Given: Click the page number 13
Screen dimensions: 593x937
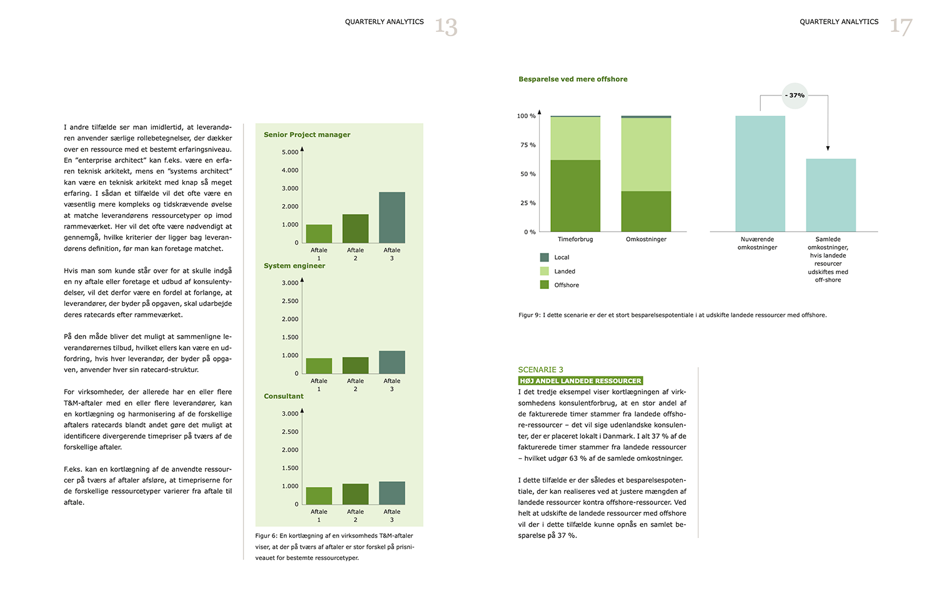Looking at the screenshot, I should click(446, 27).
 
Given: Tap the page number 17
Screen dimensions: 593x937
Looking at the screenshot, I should click(901, 27).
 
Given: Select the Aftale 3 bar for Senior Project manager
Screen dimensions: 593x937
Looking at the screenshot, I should click(392, 218).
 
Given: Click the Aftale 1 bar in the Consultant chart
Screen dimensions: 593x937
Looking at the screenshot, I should click(319, 496).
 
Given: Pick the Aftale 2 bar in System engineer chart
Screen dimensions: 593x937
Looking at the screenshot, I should click(355, 366).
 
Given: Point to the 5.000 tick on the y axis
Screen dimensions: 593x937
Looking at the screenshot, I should click(290, 152).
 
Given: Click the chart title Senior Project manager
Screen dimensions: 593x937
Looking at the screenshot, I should click(307, 135).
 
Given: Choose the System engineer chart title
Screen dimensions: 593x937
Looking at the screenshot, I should click(294, 266).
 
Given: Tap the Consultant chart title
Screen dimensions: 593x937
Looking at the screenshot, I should click(284, 396).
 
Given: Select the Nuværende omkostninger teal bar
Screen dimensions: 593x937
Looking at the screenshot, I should click(760, 174).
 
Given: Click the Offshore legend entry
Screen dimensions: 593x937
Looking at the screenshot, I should click(560, 285).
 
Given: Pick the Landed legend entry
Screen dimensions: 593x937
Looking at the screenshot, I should click(558, 272).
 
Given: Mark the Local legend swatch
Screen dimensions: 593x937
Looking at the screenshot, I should click(544, 257).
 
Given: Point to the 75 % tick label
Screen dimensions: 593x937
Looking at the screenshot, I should click(528, 145).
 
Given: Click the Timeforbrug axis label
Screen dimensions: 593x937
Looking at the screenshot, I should click(575, 240).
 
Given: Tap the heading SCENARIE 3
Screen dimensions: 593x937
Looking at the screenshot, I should click(540, 370).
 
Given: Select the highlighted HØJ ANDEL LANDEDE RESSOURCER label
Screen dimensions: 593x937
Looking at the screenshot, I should click(580, 381).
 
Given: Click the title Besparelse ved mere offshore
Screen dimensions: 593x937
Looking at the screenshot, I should click(573, 79).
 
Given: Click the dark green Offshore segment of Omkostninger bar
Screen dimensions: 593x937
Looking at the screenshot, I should click(646, 212).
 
